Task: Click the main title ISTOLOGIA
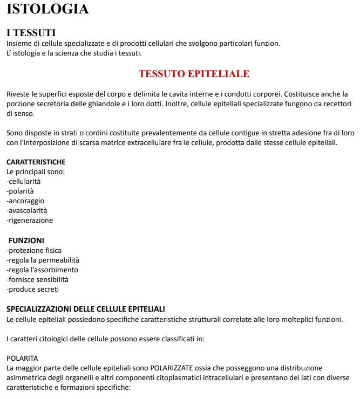point(47,9)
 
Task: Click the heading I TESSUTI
point(31,33)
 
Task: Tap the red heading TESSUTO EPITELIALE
point(194,74)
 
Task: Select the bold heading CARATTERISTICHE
point(36,162)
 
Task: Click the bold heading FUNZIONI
point(26,240)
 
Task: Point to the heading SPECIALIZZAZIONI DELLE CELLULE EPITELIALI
point(86,309)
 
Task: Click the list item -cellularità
point(23,181)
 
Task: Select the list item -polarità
point(20,191)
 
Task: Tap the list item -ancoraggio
point(25,201)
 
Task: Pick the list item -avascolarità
point(26,210)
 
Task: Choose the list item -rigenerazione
point(30,220)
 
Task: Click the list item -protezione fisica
point(34,250)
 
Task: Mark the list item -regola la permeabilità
point(43,260)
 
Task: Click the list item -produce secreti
point(32,289)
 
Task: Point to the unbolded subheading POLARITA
point(22,358)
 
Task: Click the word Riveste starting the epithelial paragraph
point(17,94)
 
